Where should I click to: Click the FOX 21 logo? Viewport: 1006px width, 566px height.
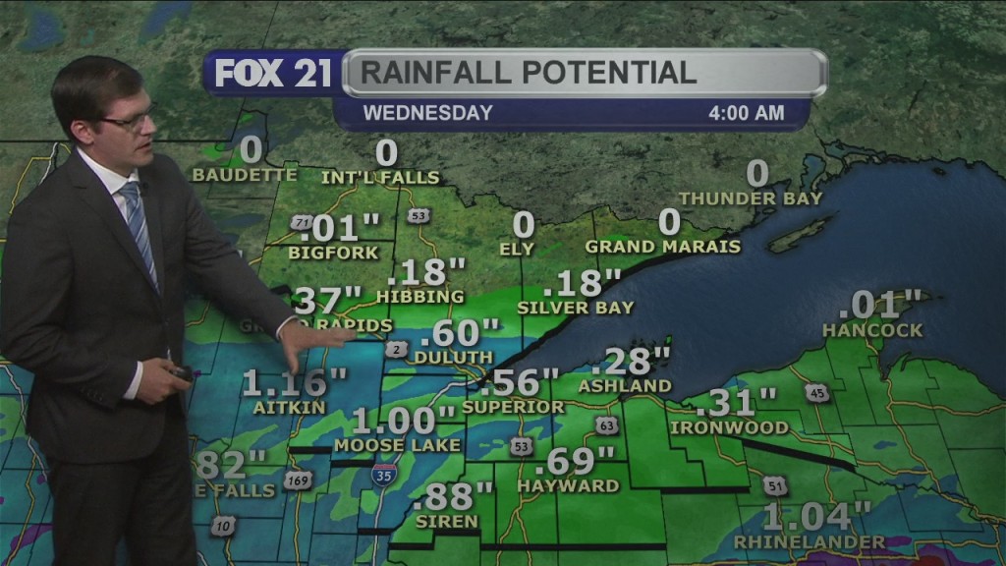tap(273, 74)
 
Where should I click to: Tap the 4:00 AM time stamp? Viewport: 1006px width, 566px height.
tap(746, 113)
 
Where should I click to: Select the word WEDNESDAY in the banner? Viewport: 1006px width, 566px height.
tap(427, 113)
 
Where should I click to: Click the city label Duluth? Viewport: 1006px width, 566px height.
tap(453, 357)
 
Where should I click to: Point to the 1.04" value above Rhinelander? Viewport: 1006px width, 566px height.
tap(817, 516)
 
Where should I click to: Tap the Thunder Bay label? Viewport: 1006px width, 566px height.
tap(750, 198)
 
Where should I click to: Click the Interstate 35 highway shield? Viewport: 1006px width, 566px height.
tap(386, 476)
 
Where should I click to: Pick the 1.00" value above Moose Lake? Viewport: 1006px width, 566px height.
tap(406, 421)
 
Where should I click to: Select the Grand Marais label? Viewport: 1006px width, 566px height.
tap(663, 247)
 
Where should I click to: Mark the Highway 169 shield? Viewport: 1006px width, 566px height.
tap(297, 481)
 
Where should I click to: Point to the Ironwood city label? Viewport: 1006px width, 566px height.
tap(729, 427)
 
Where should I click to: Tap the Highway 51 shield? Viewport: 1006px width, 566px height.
tap(775, 486)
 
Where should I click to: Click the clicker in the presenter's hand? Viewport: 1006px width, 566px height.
tap(182, 372)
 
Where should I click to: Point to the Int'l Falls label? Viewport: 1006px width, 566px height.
tap(380, 178)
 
